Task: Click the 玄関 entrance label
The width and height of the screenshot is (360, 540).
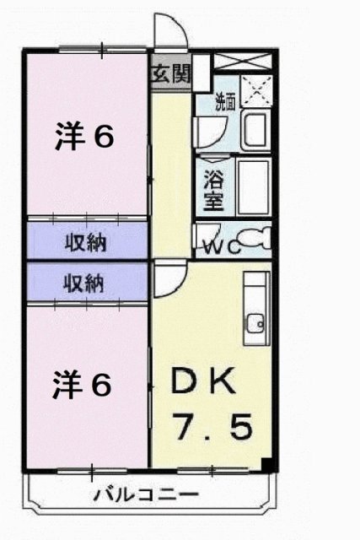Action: [170, 73]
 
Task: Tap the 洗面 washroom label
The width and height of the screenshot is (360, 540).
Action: [225, 104]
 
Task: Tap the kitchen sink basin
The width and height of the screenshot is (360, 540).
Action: [256, 321]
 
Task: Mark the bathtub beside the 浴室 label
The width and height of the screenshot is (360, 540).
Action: [252, 185]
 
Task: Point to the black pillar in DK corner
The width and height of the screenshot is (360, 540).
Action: [266, 463]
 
